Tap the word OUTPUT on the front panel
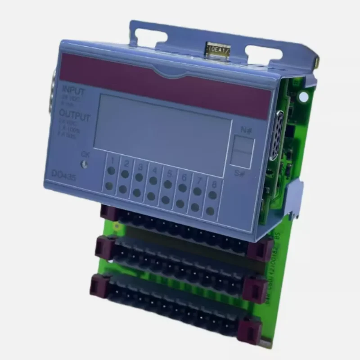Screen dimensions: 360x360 75,117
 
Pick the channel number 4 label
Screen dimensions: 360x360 154,171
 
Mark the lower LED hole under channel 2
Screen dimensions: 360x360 123,189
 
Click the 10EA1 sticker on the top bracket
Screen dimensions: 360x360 218,47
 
